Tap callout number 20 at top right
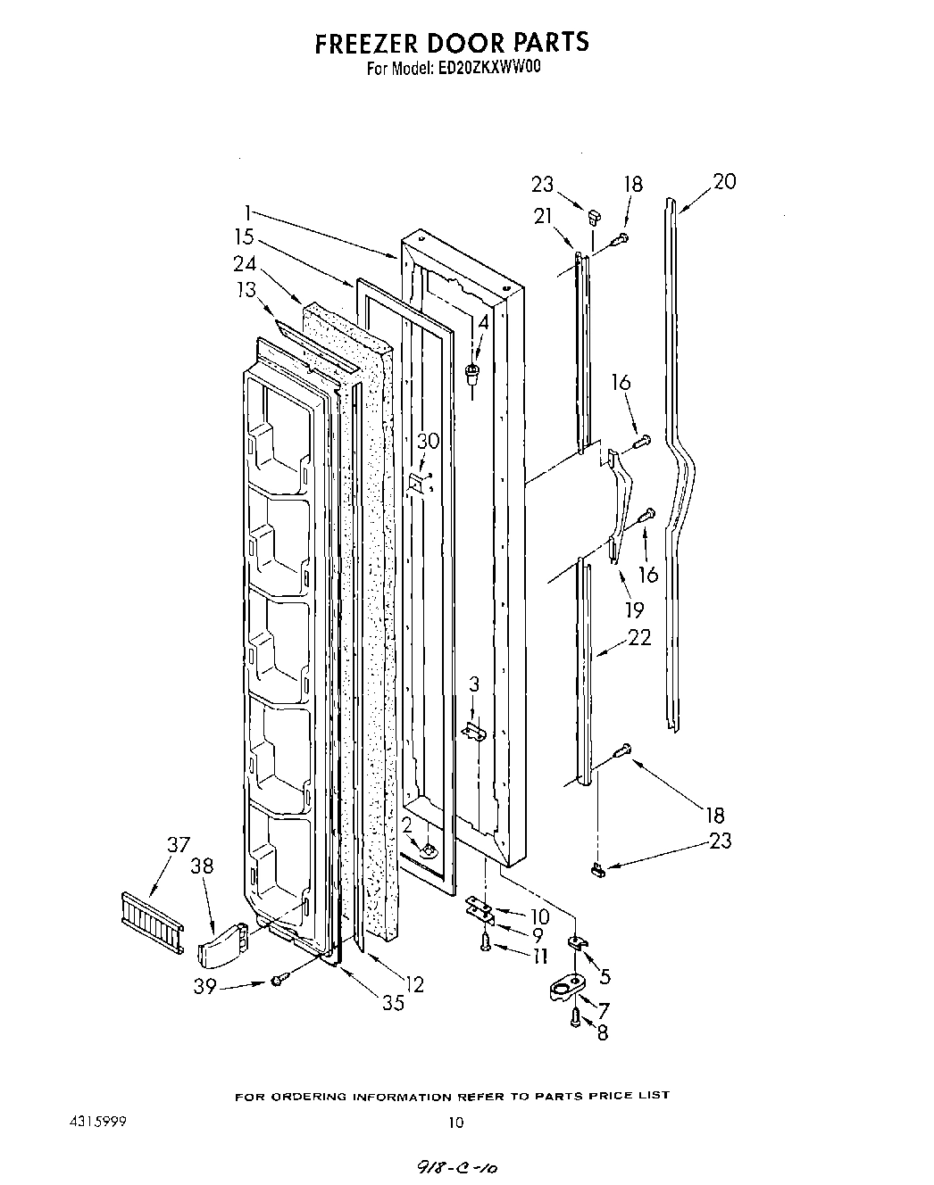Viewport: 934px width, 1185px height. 724,181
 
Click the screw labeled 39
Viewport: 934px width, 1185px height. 279,980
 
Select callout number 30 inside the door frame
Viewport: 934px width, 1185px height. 429,441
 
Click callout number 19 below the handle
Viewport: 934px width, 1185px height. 634,611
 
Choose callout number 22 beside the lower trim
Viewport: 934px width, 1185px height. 639,638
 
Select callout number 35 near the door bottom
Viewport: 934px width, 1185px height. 393,1002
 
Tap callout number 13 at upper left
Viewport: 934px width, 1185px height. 246,290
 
